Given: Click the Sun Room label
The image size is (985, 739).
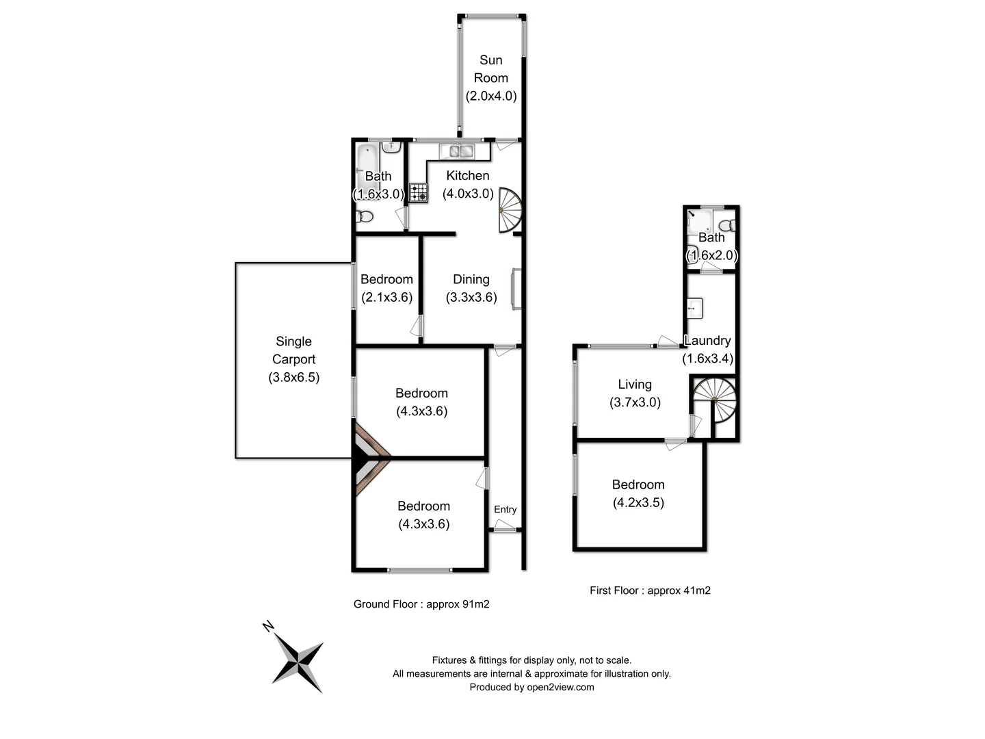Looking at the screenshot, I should coord(490,69).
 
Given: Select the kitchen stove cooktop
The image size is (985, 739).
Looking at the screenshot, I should coord(419,192).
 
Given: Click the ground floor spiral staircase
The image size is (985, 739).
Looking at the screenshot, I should coord(510,210).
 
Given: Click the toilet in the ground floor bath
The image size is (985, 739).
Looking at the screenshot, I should coord(365,217).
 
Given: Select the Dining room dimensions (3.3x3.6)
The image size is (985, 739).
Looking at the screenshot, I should coord(471,297).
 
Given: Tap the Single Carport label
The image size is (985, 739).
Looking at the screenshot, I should coord(293,350).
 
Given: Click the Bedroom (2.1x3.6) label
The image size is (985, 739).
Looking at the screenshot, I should coord(386,279).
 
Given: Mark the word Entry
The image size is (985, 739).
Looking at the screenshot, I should coord(505,509).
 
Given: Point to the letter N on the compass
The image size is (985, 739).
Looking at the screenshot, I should coord(268,626).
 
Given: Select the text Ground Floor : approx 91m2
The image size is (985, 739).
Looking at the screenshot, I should coord(421,604).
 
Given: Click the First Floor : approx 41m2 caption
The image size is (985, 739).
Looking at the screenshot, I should coord(650,591).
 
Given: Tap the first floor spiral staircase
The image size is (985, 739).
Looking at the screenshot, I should coord(715,400).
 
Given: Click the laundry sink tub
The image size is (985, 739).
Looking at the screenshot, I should coord(695,308).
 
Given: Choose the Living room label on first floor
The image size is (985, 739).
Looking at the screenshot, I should coord(635,385).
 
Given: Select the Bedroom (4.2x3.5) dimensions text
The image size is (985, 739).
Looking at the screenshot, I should coord(638,502).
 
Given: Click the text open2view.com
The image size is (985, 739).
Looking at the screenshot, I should coord(560,687).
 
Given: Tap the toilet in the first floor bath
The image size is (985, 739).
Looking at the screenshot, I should coord(728,225).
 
